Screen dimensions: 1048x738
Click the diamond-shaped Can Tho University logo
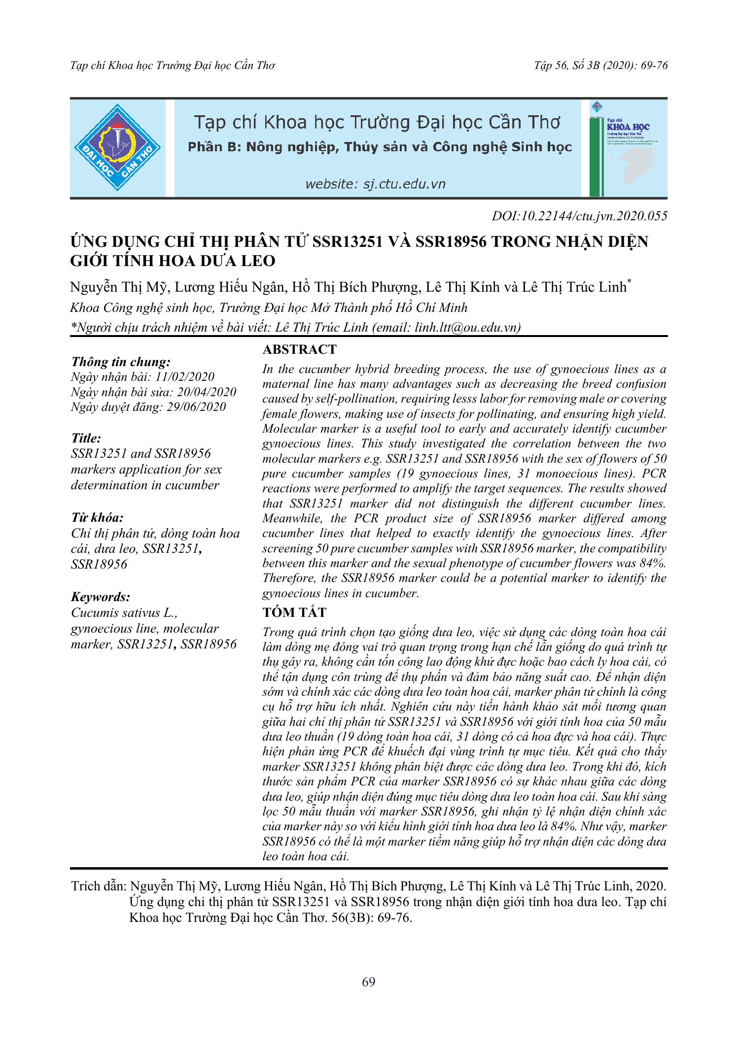point(117,147)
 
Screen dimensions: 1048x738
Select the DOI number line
point(579,216)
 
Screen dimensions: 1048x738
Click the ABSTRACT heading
point(299,349)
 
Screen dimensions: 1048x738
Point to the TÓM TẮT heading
point(294,612)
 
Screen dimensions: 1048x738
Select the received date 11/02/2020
point(185,377)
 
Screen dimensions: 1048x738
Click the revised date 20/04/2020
point(207,392)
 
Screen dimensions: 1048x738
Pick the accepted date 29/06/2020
point(196,407)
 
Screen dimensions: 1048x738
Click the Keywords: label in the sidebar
point(101,597)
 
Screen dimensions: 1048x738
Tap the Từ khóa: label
point(97,517)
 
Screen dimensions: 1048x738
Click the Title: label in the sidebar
point(86,438)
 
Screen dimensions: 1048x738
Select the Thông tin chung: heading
point(121,362)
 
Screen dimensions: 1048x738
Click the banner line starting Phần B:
point(380,147)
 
